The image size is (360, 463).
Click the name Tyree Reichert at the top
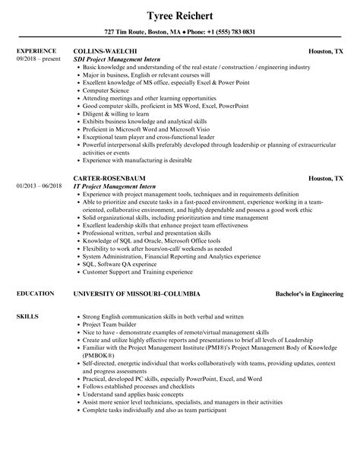(x=180, y=15)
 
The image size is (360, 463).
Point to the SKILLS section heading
(x=26, y=314)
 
